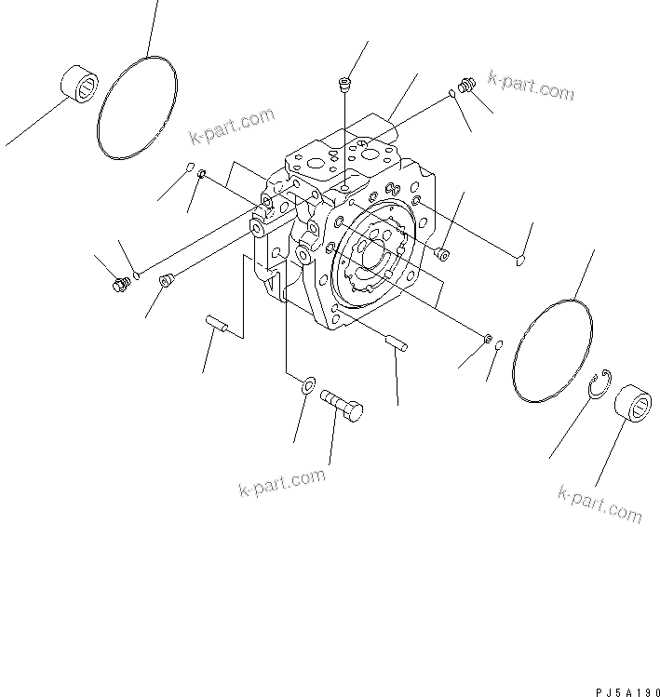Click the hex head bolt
point(342,406)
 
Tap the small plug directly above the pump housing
point(344,85)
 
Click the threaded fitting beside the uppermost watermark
point(468,87)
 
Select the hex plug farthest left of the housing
point(118,284)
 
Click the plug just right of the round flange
point(441,252)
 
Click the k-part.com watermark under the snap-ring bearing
point(599,503)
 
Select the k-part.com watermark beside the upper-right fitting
point(531,86)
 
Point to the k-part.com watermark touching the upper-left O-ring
point(232,127)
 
